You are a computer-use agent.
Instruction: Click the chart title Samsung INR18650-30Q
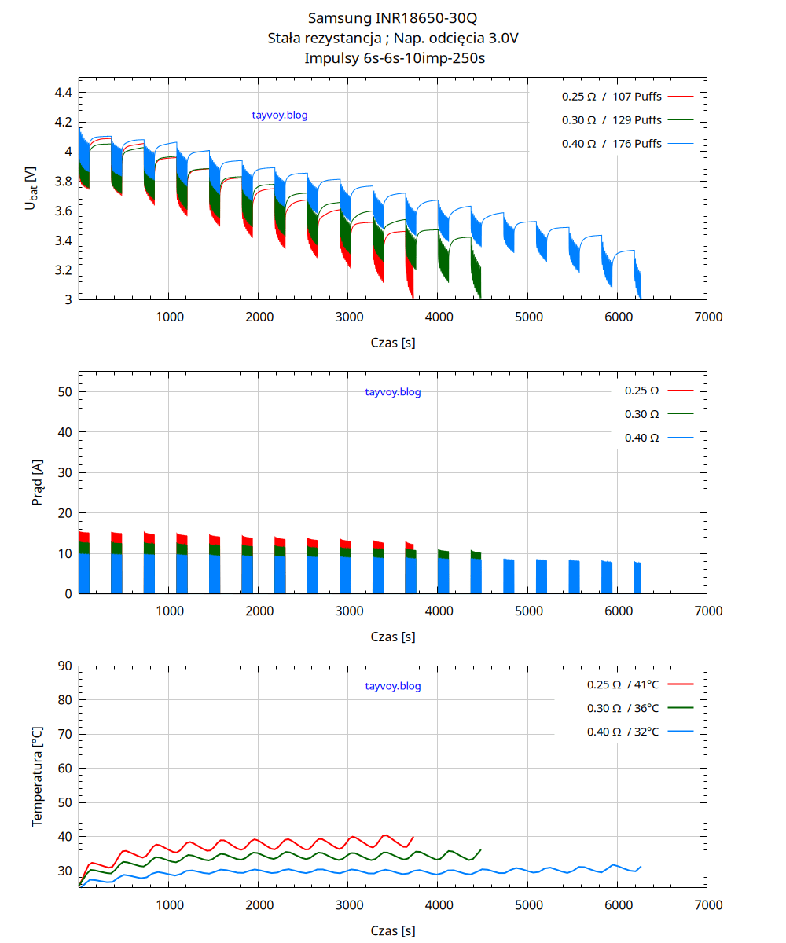(x=392, y=17)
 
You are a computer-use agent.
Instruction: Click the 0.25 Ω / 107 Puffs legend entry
(x=612, y=97)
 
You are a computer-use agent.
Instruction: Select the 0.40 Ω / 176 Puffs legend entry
(x=612, y=144)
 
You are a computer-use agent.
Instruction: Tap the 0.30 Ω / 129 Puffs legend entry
(x=612, y=120)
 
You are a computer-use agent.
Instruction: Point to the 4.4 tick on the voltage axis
(x=63, y=93)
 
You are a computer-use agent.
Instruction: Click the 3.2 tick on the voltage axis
(x=63, y=270)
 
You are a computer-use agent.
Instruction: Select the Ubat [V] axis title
(x=31, y=188)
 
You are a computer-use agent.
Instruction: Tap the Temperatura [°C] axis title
(x=37, y=776)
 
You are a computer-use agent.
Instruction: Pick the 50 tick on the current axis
(x=64, y=391)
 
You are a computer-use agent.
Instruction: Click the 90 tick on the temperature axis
(x=64, y=666)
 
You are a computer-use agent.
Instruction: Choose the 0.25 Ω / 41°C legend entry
(x=623, y=684)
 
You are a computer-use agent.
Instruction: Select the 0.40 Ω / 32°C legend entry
(x=623, y=732)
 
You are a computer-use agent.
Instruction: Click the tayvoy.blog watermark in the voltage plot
(x=280, y=116)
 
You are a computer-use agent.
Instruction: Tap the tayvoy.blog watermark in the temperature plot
(x=393, y=686)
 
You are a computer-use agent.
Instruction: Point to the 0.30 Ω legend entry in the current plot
(x=641, y=414)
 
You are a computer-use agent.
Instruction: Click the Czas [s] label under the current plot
(x=393, y=637)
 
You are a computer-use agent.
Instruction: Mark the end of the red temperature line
(x=413, y=838)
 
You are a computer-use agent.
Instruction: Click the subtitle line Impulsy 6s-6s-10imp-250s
(x=392, y=57)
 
